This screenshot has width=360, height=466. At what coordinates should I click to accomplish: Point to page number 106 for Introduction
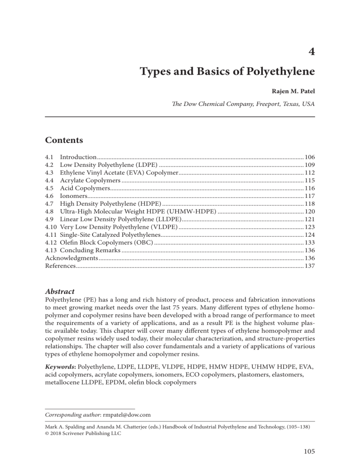pyautogui.click(x=309, y=156)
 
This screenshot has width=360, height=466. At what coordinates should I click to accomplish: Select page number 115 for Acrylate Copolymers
pyautogui.click(x=309, y=183)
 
